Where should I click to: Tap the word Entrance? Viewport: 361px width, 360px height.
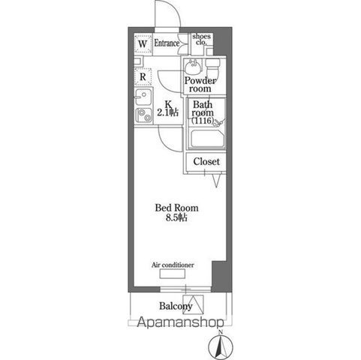167,43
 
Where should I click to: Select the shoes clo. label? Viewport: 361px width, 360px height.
202,39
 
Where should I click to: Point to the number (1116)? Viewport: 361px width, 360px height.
203,121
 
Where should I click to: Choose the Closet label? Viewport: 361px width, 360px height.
206,161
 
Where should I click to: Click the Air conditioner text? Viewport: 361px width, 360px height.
173,265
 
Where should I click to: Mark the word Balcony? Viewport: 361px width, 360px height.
176,306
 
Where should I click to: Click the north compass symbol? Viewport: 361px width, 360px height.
219,346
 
